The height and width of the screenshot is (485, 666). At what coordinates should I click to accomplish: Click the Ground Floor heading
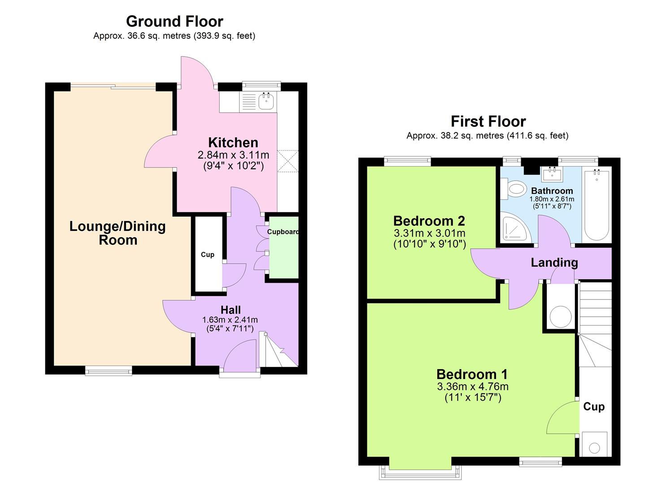(x=174, y=21)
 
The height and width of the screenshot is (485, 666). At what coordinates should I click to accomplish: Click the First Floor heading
(x=488, y=121)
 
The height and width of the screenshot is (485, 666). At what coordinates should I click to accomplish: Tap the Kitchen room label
(x=233, y=143)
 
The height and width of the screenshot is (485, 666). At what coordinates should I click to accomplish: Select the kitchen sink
(x=266, y=101)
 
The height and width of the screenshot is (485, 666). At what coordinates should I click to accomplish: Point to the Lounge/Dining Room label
(x=118, y=233)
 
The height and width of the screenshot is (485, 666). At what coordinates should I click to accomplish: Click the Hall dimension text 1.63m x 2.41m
(x=230, y=320)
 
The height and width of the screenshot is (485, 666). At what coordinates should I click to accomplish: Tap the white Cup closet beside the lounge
(x=207, y=255)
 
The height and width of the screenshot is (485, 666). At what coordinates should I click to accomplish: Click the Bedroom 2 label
(x=429, y=221)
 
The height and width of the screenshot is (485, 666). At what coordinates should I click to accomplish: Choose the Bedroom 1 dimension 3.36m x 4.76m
(x=472, y=387)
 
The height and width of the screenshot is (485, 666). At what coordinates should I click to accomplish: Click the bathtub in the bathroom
(x=596, y=204)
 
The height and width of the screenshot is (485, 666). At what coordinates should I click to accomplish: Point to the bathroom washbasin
(x=552, y=174)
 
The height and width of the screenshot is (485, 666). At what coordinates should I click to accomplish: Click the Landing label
(x=554, y=263)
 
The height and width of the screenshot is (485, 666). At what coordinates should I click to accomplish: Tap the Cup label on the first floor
(x=594, y=407)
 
